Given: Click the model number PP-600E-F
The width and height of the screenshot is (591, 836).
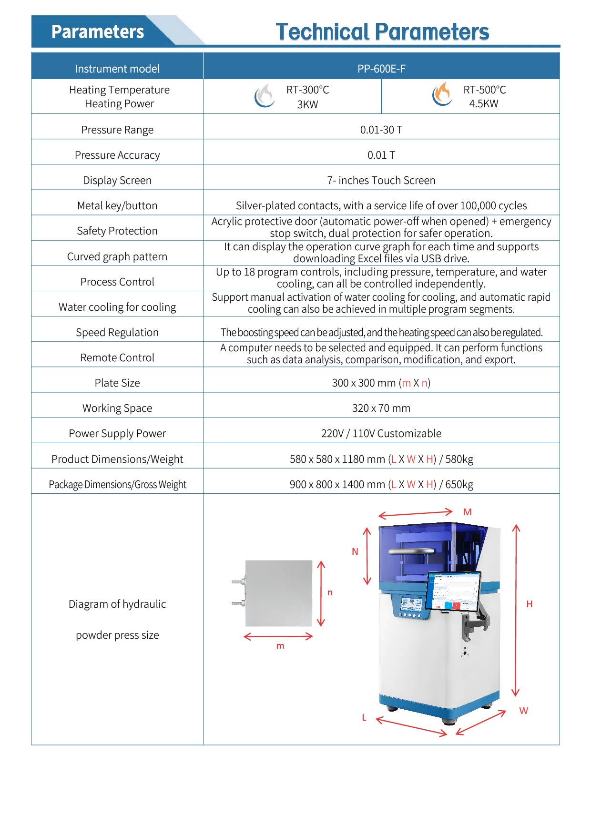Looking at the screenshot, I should click(381, 69).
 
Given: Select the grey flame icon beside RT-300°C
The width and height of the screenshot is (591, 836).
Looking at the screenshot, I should click(264, 95).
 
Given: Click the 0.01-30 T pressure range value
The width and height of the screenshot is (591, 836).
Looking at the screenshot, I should click(381, 130).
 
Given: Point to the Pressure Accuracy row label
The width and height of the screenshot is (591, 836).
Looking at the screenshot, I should click(117, 155).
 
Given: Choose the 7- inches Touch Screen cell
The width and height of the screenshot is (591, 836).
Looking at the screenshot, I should click(381, 180).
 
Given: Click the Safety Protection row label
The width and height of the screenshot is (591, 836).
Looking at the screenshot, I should click(117, 231).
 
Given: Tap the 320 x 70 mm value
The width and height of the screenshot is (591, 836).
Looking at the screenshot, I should click(381, 408).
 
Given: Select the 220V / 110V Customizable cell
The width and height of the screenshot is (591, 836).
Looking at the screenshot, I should click(381, 433).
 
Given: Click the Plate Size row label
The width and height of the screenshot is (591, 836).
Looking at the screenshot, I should click(117, 383).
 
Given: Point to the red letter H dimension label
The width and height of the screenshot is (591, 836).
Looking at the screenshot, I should click(529, 604).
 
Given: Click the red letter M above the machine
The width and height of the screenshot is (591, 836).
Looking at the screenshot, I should click(467, 512).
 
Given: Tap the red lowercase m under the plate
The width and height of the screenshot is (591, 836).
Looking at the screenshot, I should click(280, 646).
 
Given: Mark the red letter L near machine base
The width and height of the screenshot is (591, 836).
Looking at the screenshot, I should click(364, 717).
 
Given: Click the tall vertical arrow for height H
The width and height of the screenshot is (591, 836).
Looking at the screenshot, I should click(516, 610).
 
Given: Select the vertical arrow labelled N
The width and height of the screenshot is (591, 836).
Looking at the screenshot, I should click(367, 556).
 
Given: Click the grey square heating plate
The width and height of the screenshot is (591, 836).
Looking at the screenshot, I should click(279, 593).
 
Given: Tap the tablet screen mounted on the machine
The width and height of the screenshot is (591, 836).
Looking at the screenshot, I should click(454, 591).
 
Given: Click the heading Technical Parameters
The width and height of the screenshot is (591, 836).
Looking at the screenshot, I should click(382, 32).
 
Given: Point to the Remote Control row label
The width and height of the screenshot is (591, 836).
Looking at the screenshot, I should click(117, 357).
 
